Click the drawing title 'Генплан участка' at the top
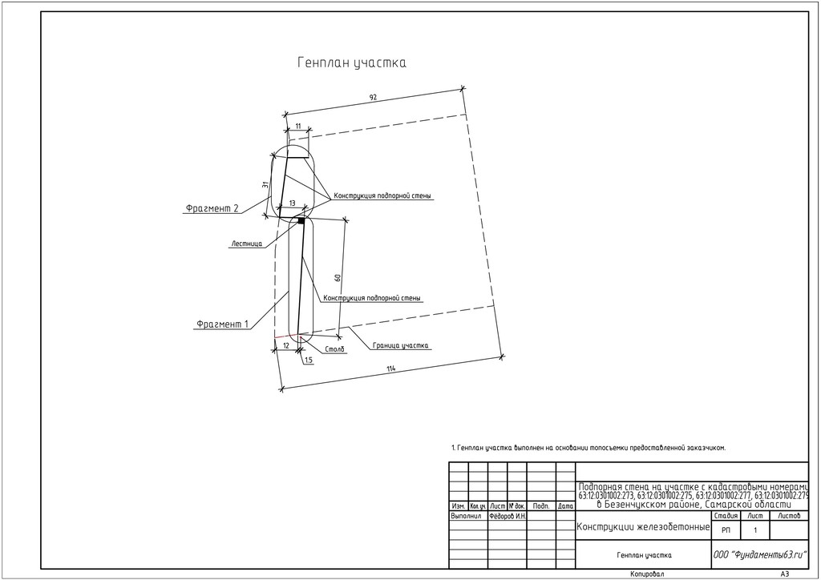point(352,62)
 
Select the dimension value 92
point(373,97)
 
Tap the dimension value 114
point(390,369)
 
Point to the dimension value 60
point(338,277)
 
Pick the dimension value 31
point(265,184)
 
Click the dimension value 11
point(298,126)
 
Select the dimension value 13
point(292,203)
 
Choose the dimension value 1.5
point(309,360)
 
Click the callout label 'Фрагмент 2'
point(212,208)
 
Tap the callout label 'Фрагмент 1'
point(222,324)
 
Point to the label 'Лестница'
point(246,244)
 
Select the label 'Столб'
point(335,350)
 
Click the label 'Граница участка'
point(401,346)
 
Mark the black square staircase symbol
point(301,220)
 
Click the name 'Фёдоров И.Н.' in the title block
point(508,517)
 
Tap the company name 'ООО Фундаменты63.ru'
point(759,554)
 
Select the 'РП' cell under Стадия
point(726,530)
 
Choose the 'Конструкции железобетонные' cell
point(643,527)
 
